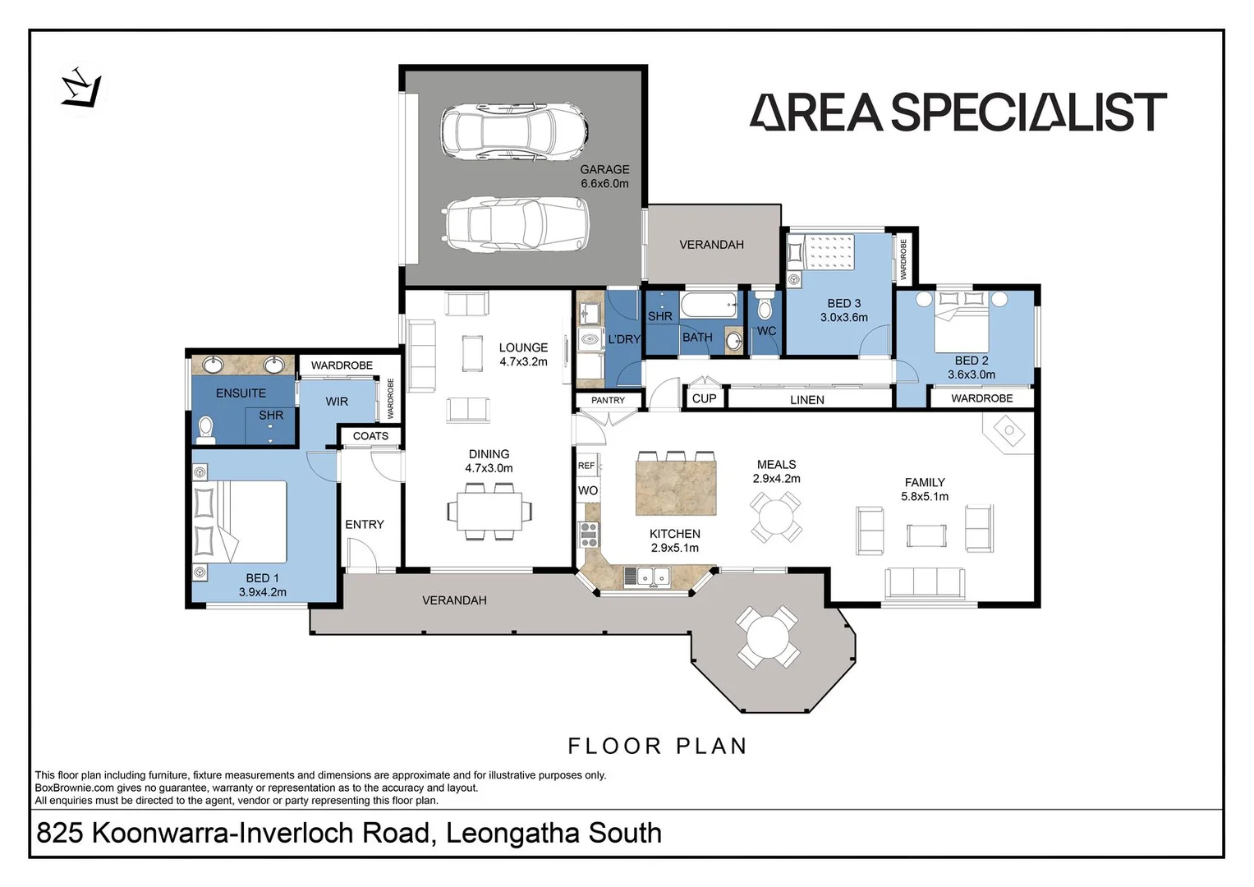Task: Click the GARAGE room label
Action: pyautogui.click(x=604, y=169)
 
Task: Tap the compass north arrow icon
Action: pyautogui.click(x=82, y=86)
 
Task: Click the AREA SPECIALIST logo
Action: pyautogui.click(x=958, y=113)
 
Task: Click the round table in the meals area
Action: pyautogui.click(x=776, y=517)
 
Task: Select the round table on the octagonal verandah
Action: pyautogui.click(x=768, y=637)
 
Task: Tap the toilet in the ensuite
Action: pyautogui.click(x=206, y=429)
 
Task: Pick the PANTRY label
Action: pyautogui.click(x=608, y=400)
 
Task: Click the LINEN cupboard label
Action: pyautogui.click(x=806, y=400)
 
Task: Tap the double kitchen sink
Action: pyautogui.click(x=655, y=578)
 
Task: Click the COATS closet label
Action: pyautogui.click(x=370, y=436)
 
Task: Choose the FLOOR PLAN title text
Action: pyautogui.click(x=658, y=746)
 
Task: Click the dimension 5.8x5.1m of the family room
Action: pyautogui.click(x=925, y=496)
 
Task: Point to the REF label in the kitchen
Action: pyautogui.click(x=586, y=466)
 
